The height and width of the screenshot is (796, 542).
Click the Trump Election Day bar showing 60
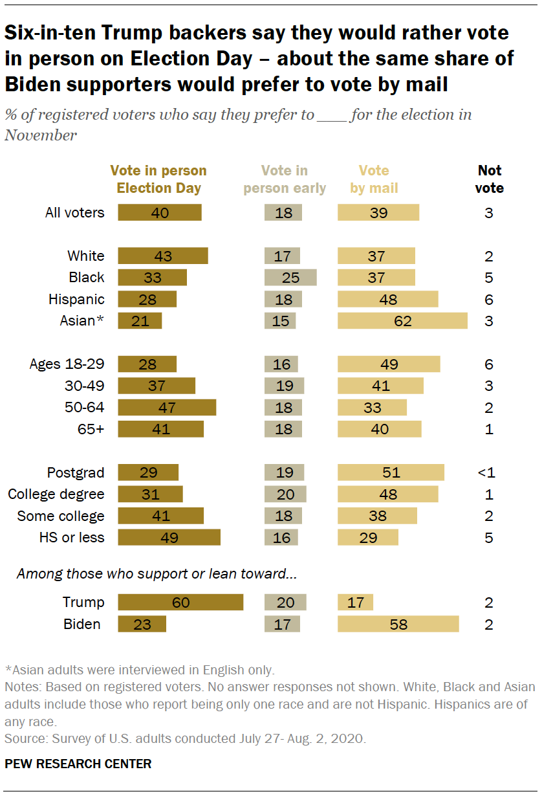pyautogui.click(x=180, y=603)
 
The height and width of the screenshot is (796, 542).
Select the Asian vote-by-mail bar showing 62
pyautogui.click(x=402, y=321)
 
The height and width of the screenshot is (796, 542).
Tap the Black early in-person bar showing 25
pyautogui.click(x=290, y=278)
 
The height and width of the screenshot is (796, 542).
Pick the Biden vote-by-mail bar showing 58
pyautogui.click(x=398, y=625)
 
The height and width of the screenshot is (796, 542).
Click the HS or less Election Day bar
pyautogui.click(x=169, y=538)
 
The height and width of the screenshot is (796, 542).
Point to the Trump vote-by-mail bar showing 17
pyautogui.click(x=355, y=603)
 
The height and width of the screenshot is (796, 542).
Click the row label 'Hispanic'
pyautogui.click(x=76, y=300)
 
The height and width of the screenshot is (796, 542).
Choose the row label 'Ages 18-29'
pyautogui.click(x=67, y=364)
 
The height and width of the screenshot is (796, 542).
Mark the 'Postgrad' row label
pyautogui.click(x=76, y=472)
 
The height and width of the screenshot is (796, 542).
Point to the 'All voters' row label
pyautogui.click(x=74, y=212)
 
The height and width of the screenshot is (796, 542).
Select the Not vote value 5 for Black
pyautogui.click(x=489, y=278)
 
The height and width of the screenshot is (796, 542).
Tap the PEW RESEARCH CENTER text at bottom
pyautogui.click(x=78, y=764)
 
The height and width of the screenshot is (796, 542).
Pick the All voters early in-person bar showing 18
pyautogui.click(x=283, y=212)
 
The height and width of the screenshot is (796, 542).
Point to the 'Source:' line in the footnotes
pyautogui.click(x=186, y=738)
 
